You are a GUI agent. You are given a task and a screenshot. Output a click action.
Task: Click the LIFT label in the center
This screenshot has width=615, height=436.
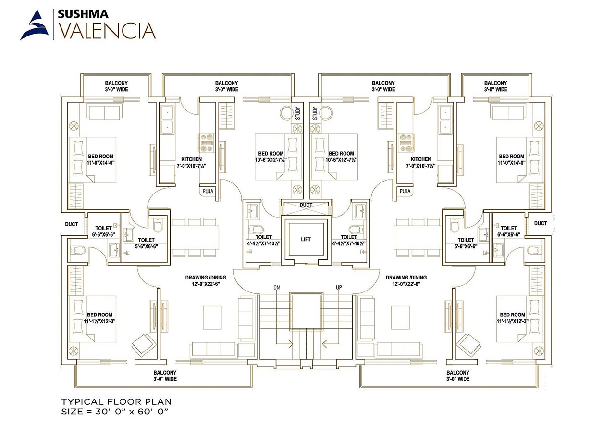click(306, 239)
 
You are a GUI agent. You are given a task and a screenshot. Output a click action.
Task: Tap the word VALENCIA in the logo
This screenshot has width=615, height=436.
click(108, 31)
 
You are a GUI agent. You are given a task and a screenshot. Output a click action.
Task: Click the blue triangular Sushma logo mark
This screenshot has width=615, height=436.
click(35, 25)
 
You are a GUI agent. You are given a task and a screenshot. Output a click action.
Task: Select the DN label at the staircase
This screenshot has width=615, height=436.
click(276, 287)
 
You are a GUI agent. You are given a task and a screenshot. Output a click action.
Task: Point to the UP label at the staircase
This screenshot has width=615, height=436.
click(339, 287)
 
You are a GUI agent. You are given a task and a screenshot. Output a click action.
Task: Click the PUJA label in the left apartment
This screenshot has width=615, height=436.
click(208, 191)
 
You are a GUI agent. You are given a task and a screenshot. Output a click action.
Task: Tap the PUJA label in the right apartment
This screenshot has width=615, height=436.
click(405, 191)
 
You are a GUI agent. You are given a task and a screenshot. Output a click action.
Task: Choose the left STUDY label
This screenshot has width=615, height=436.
click(298, 113)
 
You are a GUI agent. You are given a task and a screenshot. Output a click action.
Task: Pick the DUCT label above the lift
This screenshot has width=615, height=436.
click(306, 205)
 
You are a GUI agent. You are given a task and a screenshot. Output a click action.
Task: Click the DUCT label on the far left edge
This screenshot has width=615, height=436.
click(72, 224)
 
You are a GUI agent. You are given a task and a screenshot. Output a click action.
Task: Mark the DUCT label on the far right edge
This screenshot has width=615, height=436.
click(541, 223)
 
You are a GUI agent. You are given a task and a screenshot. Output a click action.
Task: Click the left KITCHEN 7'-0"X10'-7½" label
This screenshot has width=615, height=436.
click(191, 162)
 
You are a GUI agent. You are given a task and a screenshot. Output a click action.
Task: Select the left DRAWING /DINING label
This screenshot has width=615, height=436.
click(206, 280)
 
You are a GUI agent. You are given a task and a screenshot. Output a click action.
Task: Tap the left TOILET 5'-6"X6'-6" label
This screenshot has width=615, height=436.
click(147, 243)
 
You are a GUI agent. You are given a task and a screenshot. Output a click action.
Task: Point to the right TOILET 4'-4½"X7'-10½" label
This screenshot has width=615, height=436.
click(349, 240)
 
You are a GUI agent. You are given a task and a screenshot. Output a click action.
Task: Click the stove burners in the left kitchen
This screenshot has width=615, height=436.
click(207, 143)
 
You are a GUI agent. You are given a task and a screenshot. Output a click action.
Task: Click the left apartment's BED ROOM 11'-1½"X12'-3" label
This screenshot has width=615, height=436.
click(99, 318)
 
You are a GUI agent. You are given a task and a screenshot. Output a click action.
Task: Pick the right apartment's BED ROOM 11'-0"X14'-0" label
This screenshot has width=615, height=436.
click(512, 159)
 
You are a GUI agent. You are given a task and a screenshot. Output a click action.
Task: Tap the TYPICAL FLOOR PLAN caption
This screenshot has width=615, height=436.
click(116, 402)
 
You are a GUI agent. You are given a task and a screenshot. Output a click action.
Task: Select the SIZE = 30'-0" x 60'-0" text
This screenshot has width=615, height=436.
click(114, 412)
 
